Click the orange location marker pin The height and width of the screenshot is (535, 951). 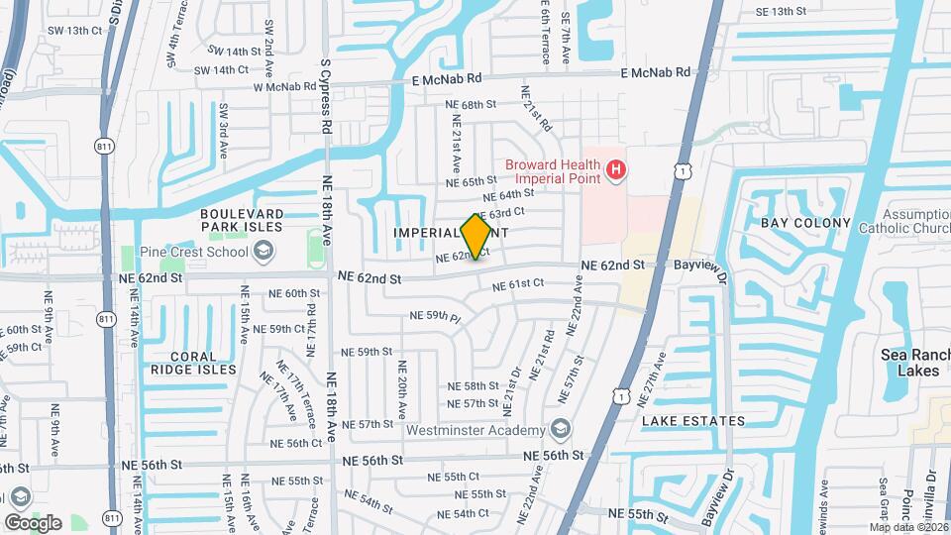coord(476,237)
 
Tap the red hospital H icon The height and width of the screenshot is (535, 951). coord(616,170)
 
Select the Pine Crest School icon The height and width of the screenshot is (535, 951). coord(263,251)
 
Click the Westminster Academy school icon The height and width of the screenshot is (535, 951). coord(560,429)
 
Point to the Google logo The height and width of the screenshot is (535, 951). coord(33,522)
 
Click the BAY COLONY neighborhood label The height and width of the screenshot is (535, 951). coord(805,223)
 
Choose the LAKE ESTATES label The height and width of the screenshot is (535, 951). coord(692,421)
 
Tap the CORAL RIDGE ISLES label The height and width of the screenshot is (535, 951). coord(193,363)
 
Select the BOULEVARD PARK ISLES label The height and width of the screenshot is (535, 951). coord(242,220)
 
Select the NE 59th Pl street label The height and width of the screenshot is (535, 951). coord(437,317)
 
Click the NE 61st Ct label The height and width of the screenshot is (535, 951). coord(519,283)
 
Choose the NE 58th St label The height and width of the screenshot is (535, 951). coord(473,386)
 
